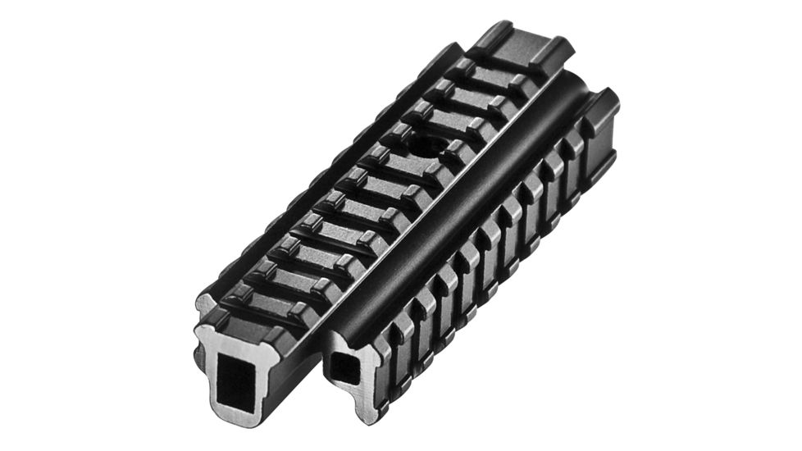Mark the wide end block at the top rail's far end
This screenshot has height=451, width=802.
pos(525,49)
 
